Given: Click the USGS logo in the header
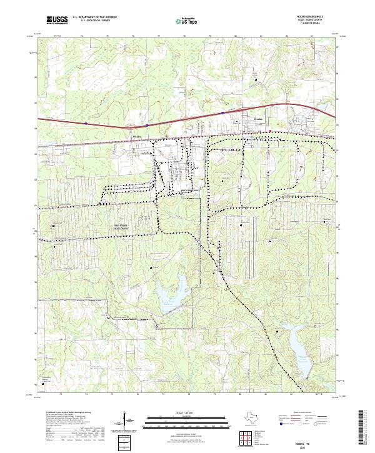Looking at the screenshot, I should point(57,21).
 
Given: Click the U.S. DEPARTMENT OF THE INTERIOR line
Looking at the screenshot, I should point(93,18).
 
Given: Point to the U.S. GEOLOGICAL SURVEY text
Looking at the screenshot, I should point(91,22).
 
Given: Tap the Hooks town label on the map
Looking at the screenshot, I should point(241,117).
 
